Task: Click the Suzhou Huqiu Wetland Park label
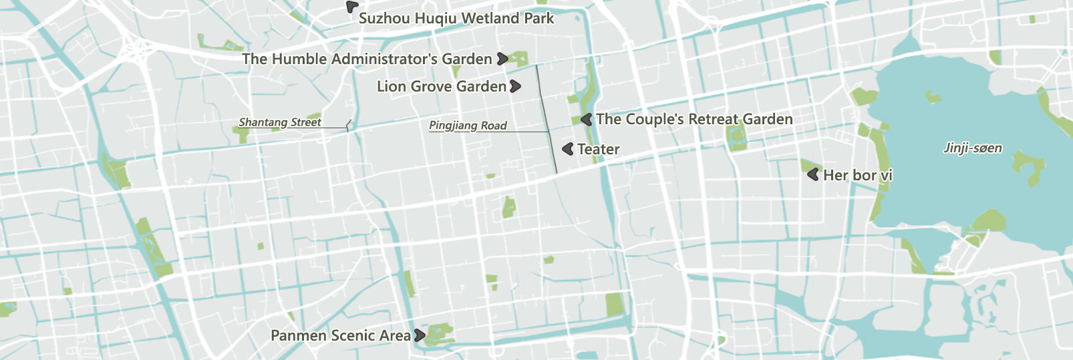456,19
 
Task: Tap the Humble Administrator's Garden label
367,59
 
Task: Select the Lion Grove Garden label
442,87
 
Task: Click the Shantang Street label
280,122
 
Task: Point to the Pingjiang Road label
468,126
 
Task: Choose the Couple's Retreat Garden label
694,120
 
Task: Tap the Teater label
598,150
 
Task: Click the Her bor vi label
857,176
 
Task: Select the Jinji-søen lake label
972,148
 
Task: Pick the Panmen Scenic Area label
340,336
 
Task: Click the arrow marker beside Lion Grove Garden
515,86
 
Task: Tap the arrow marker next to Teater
568,149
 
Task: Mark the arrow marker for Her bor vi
813,175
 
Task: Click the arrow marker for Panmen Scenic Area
419,335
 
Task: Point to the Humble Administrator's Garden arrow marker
502,59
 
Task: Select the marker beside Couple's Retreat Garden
586,120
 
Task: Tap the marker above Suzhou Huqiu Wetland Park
351,6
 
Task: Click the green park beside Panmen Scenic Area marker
439,333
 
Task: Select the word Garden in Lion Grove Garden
481,87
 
